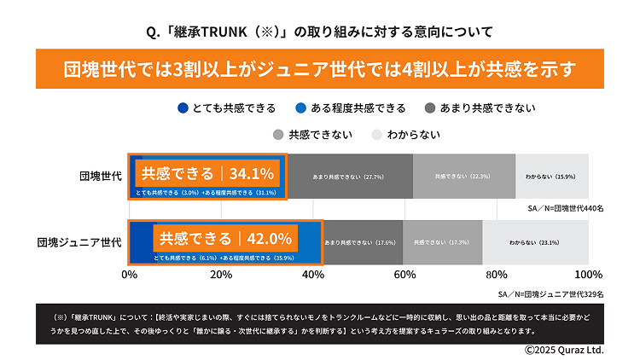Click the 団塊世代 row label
tap(99, 177)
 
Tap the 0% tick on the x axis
tap(130, 275)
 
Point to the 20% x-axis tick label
tap(221, 275)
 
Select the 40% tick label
tap(313, 275)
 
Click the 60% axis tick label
tap(404, 275)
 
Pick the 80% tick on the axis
tap(497, 275)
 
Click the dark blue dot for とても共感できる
tap(183, 108)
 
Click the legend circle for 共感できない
tap(277, 134)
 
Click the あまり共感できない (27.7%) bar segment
tap(349, 177)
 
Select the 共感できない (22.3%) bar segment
tap(463, 177)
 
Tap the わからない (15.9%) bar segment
tap(551, 177)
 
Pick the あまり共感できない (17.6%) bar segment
tap(362, 242)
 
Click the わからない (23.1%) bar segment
tap(535, 242)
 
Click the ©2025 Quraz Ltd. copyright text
tap(563, 350)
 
